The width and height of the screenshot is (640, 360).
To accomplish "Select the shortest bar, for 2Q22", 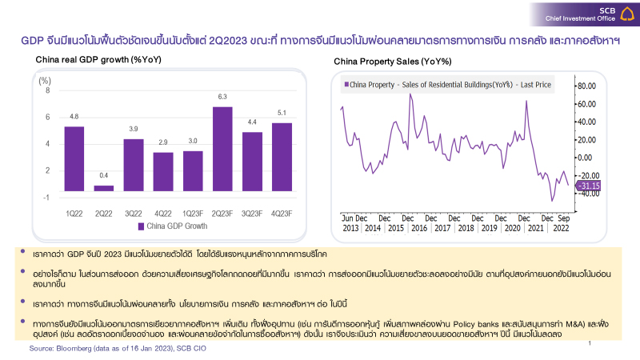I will click(x=104, y=188).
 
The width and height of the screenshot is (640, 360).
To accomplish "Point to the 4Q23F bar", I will click(x=282, y=156).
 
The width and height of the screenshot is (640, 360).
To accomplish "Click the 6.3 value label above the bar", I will click(x=222, y=98).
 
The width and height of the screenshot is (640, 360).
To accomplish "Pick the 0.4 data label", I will click(x=104, y=176).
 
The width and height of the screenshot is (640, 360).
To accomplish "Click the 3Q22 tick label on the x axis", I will click(x=134, y=212).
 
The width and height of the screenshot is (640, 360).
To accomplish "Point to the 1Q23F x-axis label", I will click(x=193, y=212).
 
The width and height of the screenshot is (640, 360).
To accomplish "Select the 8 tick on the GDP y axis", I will click(x=47, y=90).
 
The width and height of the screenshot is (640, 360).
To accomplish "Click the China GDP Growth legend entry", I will click(x=171, y=226).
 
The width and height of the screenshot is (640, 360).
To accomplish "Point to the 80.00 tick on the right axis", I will click(x=587, y=86).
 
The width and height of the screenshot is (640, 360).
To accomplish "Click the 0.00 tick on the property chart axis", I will click(x=587, y=157).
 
